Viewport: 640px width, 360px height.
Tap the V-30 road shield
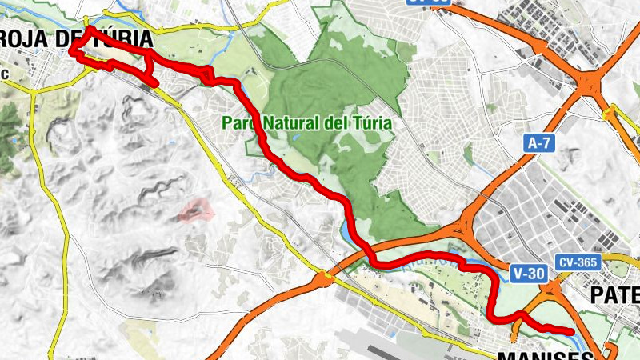pos(529,273)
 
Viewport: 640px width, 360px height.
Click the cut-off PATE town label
pos(615,295)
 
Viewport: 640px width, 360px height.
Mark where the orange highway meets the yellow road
pos(324,279)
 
